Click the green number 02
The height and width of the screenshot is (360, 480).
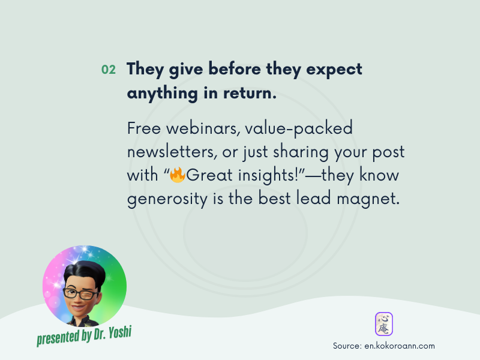coord(109,70)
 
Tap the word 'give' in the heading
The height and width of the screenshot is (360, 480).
coord(186,69)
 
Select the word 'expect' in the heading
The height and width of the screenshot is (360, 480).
coord(334,70)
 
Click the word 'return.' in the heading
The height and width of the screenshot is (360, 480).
coord(250,94)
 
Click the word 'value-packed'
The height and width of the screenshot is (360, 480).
coord(299,128)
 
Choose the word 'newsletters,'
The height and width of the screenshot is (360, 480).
coord(172,152)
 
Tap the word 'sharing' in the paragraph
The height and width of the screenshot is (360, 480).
coord(301,152)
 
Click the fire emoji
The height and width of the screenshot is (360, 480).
coord(178,175)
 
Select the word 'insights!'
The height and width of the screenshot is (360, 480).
coord(268,175)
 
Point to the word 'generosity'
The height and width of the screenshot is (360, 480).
coord(167,200)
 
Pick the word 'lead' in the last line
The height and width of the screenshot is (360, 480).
coord(313,198)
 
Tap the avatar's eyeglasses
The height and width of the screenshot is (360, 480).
coord(80,294)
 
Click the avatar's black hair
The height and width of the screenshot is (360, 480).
coord(85,273)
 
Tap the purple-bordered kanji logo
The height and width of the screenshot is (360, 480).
coord(384,324)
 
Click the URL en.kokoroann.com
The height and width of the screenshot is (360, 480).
coord(400,346)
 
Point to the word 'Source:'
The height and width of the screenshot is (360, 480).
coord(347,346)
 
